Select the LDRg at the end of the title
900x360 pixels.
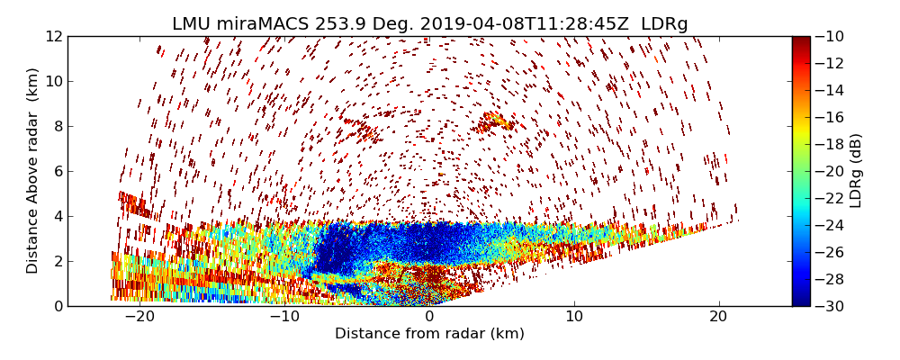pos(664,24)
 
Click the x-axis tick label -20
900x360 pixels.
pos(139,317)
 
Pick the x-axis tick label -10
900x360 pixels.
pos(283,317)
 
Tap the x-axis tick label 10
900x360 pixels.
pos(574,317)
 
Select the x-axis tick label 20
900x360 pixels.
pos(719,317)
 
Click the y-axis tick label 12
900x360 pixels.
pos(53,36)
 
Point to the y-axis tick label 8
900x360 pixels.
pos(57,126)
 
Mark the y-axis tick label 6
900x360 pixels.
pos(57,171)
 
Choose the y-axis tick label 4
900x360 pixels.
pos(57,216)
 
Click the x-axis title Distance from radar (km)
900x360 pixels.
pos(429,334)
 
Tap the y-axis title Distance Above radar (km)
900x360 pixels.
pos(33,171)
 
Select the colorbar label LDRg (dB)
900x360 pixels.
pos(856,171)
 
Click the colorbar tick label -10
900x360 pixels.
pos(831,36)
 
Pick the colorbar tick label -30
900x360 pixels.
pos(831,306)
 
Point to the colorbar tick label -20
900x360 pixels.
pos(831,171)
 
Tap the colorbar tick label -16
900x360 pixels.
pos(831,117)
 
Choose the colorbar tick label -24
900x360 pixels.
pos(831,225)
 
